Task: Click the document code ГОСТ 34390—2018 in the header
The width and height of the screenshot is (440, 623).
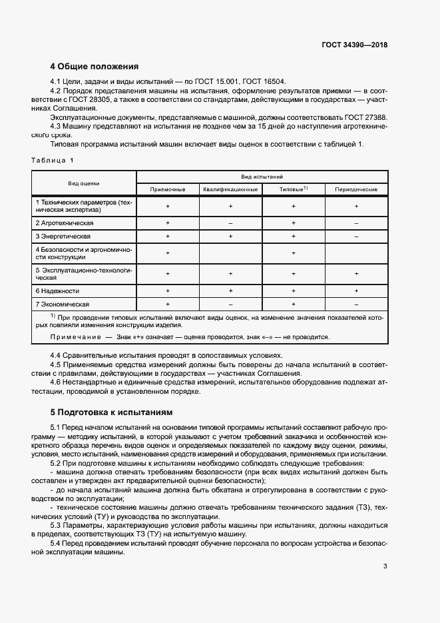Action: (x=353, y=45)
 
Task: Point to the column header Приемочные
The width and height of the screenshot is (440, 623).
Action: (x=168, y=189)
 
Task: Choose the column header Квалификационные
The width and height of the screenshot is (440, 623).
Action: (x=230, y=189)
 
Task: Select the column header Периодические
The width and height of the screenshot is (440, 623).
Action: (x=356, y=189)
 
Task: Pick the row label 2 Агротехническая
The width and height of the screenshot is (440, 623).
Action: (x=65, y=222)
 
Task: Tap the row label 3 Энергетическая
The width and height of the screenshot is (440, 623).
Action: (x=63, y=237)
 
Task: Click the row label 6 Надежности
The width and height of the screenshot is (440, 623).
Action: (x=57, y=291)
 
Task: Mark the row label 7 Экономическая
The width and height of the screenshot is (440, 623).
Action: (x=62, y=304)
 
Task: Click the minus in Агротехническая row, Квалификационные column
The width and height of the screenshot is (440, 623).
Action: (x=230, y=222)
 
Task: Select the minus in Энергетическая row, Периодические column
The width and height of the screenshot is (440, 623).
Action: (x=356, y=237)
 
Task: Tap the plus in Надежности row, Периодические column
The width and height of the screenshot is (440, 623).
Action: (x=356, y=291)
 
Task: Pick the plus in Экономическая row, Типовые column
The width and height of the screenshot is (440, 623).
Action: (x=293, y=304)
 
